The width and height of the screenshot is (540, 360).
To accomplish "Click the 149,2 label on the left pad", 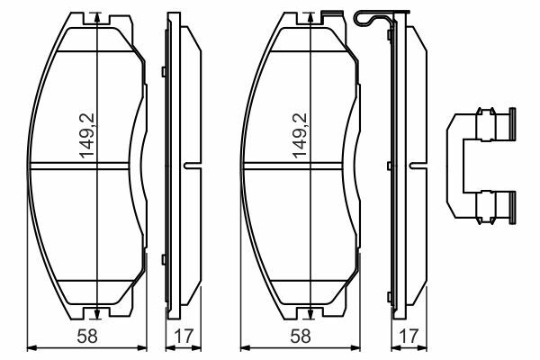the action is point(86,136).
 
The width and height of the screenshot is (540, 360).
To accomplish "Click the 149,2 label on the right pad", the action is point(300,136).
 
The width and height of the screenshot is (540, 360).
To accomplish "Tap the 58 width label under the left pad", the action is point(87,337).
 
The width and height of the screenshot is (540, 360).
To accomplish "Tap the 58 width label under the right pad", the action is point(301,337).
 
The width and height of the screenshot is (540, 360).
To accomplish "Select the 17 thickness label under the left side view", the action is point(184,337).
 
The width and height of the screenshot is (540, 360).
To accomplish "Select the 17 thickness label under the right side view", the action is point(409,337).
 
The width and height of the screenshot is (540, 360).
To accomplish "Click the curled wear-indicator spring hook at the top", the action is point(364,18).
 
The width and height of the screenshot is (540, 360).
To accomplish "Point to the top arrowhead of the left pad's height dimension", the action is point(97,17).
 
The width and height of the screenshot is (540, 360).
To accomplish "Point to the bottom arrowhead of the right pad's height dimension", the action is point(310,313).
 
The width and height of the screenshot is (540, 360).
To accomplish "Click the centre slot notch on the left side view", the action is point(193,166).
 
